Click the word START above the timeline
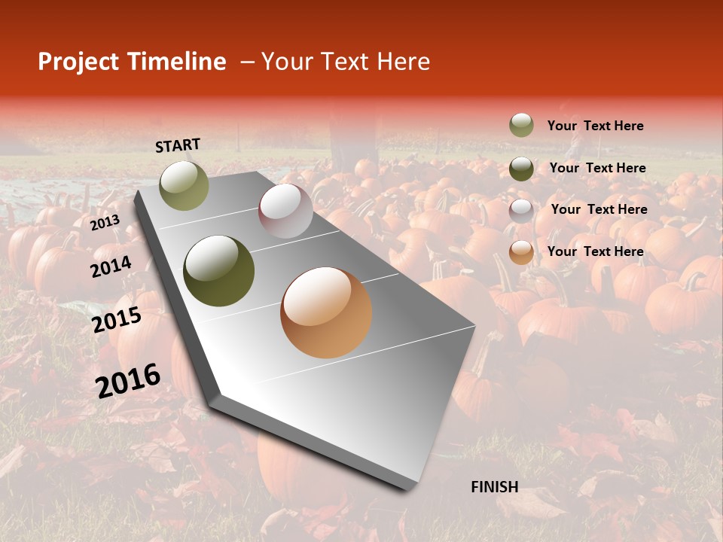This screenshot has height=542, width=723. pos(178,145)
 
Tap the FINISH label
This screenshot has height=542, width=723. pos(494,487)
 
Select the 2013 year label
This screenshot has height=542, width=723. pos(105,223)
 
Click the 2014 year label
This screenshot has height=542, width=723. pos(111,267)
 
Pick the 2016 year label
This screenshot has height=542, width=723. pos(128,380)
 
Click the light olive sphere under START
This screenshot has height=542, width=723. pos(184,185)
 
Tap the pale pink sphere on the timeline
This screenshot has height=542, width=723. pos(285,211)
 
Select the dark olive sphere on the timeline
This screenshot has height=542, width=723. pos(219,271)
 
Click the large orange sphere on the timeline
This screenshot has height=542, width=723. pos(326,312)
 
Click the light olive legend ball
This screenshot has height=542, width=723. pos(521,126)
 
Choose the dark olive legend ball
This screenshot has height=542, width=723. pos(521,168)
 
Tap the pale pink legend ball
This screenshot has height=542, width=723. pos(521,210)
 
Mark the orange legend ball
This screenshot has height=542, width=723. pos(521,252)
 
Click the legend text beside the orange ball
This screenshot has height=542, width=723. pos(595,251)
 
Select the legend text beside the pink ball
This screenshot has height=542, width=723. pos(599,209)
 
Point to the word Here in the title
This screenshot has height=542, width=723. pos(402,62)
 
